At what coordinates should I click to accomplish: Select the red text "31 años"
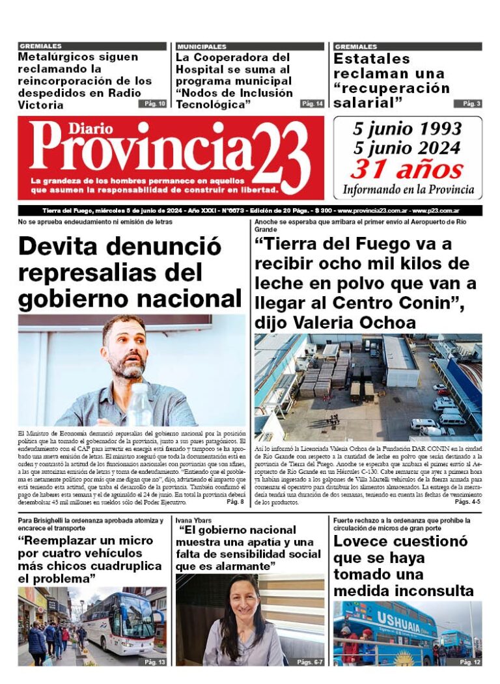tap(407, 170)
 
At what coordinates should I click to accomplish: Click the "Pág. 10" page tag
tap(152, 103)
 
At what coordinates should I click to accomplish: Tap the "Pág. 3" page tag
tap(471, 103)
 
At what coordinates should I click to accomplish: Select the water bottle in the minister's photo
tap(139, 404)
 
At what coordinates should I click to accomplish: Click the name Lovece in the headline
tap(364, 541)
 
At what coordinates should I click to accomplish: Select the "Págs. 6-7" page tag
tap(309, 662)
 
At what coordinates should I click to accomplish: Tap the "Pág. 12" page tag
tap(469, 662)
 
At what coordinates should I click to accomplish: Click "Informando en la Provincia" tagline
tap(408, 190)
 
